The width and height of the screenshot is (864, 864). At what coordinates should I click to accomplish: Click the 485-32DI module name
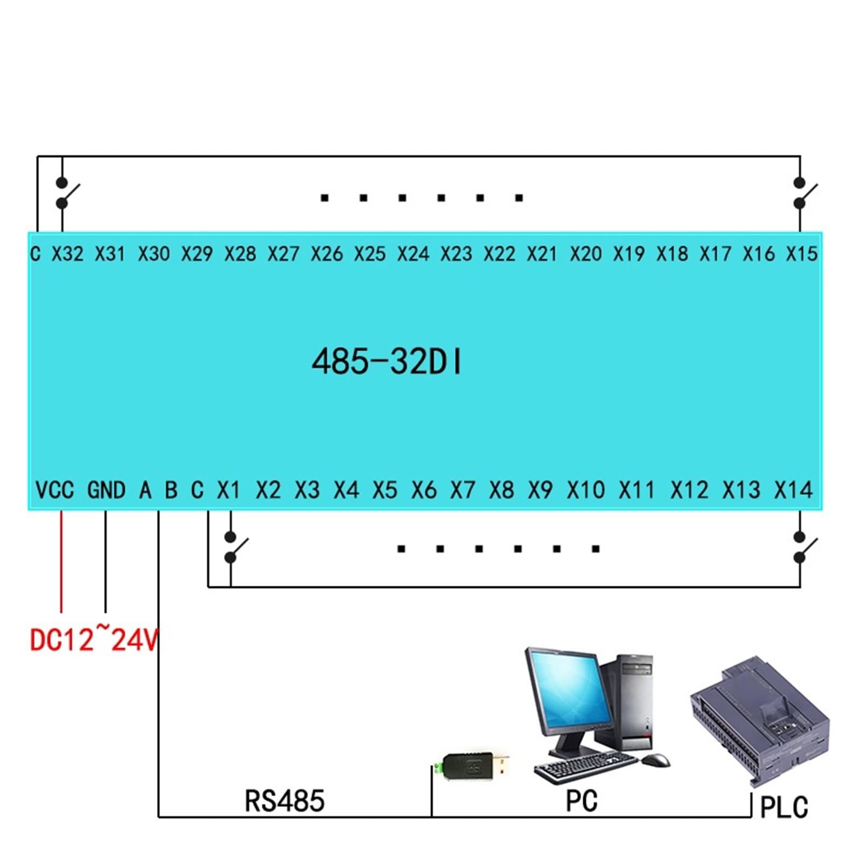pos(387,361)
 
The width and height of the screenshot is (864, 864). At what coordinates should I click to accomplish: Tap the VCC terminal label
pos(55,490)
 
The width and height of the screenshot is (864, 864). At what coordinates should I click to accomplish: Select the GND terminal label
pos(106,490)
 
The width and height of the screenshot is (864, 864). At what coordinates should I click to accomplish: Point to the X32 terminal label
pos(67,253)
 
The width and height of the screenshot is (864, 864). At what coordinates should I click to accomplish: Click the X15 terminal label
pos(801,253)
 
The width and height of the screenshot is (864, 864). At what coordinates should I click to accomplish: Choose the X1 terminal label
pos(228,490)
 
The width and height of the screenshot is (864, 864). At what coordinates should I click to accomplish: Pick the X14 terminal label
pos(793,490)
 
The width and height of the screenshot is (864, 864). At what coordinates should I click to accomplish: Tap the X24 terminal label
pos(413,253)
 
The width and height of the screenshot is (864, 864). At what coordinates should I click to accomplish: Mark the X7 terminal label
pos(462,490)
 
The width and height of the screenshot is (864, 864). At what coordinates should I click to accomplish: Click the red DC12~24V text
pos(93,639)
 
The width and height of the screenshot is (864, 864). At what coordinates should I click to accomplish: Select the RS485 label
pos(285,801)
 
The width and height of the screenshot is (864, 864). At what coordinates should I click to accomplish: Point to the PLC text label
pos(784,808)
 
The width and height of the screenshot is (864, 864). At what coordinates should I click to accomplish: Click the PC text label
pos(582,801)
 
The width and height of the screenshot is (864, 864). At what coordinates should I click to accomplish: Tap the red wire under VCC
pos(61,562)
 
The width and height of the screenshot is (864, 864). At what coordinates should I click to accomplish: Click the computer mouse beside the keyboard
pos(656,760)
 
